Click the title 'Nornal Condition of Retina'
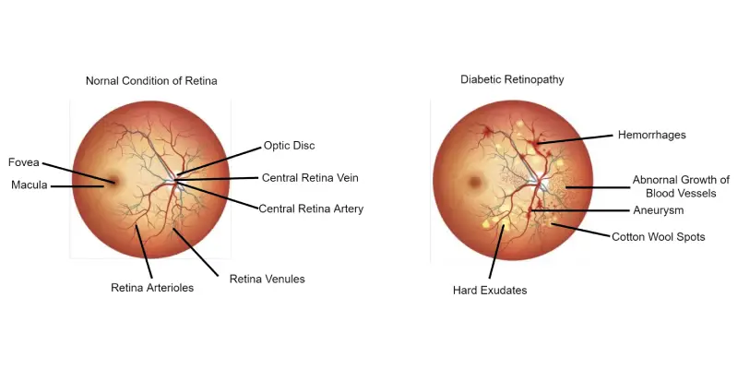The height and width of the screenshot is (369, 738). coord(151,81)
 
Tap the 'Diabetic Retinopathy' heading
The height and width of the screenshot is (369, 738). coord(512,79)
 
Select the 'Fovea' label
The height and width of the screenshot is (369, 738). coord(24,162)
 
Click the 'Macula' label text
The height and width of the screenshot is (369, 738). coord(30,185)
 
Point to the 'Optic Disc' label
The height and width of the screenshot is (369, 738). coord(289,146)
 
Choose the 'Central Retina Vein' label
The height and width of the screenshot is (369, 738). coord(310,178)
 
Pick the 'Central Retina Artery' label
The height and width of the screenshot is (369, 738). coord(311,208)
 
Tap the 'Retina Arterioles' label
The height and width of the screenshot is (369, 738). coord(152,288)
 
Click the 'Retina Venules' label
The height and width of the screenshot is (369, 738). coord(267,280)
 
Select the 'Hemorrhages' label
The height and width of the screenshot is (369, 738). coord(652,135)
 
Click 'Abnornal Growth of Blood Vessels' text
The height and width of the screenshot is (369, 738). coord(681,186)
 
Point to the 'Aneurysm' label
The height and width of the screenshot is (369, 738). coord(658,210)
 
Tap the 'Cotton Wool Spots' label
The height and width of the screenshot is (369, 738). coord(658,237)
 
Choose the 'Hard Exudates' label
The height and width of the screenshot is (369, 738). coord(490,291)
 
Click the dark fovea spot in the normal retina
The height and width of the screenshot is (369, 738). coord(112,179)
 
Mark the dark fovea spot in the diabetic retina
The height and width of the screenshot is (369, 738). coord(474,181)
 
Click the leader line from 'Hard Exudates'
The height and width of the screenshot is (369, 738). coord(496,251)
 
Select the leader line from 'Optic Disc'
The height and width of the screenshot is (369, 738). coord(219,161)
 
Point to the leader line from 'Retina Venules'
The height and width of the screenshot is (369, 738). coord(196,252)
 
